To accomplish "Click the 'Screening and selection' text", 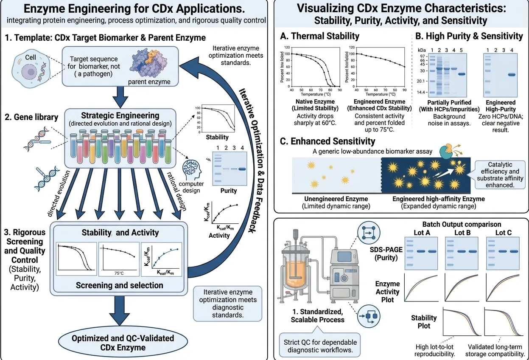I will pos(119,285).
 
